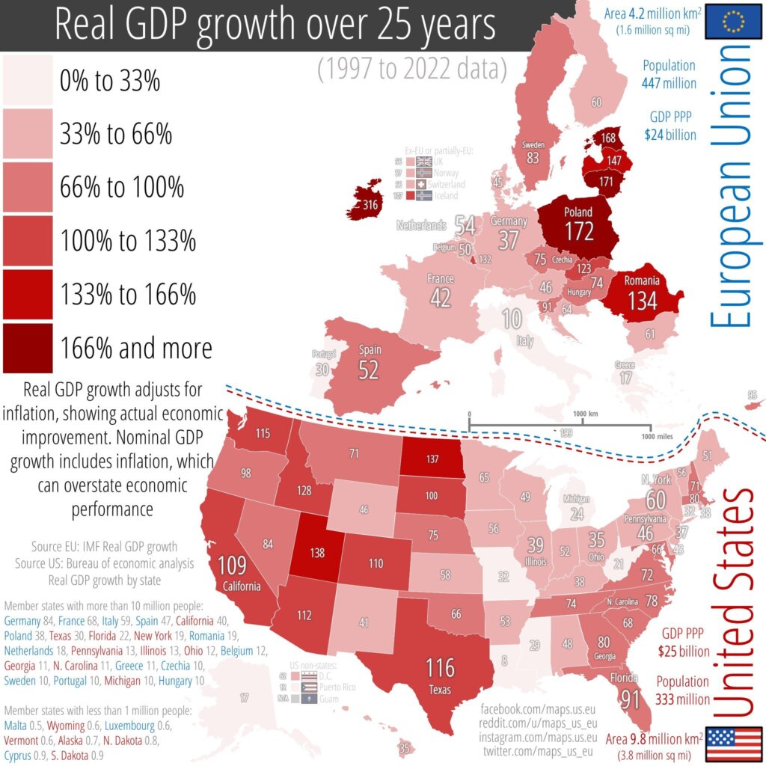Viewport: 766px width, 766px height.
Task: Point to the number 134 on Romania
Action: coord(644,301)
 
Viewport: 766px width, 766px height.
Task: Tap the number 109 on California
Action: coord(232,565)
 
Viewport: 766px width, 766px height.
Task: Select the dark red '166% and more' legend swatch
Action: coord(28,348)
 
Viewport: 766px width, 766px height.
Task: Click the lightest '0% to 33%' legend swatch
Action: coord(28,79)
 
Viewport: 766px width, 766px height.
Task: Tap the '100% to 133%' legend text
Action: coord(128,241)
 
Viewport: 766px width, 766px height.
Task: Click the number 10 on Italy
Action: coord(512,320)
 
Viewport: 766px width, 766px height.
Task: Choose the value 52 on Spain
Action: coord(369,370)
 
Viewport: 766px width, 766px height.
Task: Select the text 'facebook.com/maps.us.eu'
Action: coord(537,707)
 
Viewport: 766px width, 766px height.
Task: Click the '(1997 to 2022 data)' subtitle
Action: coord(411,70)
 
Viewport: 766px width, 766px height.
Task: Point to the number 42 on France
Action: coord(440,297)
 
